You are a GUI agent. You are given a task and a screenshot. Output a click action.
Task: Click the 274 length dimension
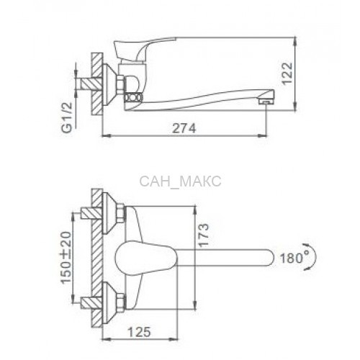(184, 128)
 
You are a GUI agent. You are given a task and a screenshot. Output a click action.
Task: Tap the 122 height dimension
(287, 73)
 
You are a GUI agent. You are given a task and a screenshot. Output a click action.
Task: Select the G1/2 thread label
(67, 117)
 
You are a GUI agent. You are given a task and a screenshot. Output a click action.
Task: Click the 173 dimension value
(204, 235)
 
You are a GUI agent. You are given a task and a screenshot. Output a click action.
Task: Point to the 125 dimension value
(140, 332)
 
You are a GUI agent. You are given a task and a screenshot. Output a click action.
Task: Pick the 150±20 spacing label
(66, 258)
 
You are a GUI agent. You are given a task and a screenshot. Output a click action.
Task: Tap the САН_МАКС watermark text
(180, 181)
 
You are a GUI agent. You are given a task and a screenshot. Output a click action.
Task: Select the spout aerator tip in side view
(266, 102)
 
